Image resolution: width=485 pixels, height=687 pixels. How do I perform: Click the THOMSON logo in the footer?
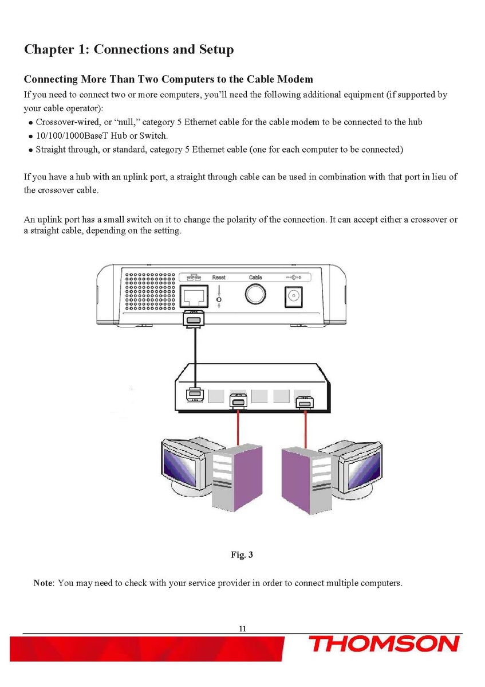tap(384, 644)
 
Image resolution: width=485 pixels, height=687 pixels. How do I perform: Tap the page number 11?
tap(242, 629)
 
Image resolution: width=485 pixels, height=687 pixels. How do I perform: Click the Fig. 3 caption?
tap(242, 555)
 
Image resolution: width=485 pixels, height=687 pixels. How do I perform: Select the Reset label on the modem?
tap(219, 278)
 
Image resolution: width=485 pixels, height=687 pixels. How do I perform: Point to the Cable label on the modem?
tap(255, 278)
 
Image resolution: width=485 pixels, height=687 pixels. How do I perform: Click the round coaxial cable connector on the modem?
tap(255, 294)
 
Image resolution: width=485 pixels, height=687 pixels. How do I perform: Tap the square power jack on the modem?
tap(293, 296)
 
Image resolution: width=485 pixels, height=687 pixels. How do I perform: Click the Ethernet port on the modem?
tap(194, 296)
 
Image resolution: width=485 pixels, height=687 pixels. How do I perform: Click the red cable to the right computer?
tap(305, 430)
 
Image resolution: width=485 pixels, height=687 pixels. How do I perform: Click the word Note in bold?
tap(43, 583)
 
